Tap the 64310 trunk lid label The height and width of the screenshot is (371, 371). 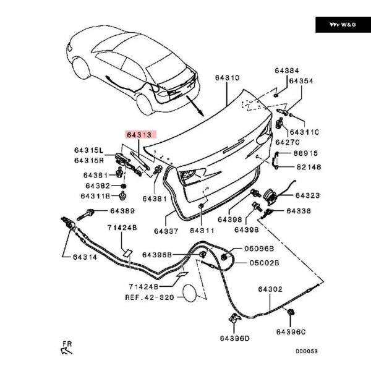pyautogui.click(x=227, y=78)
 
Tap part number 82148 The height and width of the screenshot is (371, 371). pyautogui.click(x=307, y=167)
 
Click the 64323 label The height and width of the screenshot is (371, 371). pyautogui.click(x=307, y=195)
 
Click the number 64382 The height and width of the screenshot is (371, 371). pyautogui.click(x=98, y=185)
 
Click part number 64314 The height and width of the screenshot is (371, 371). pyautogui.click(x=85, y=257)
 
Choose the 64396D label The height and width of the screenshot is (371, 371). pyautogui.click(x=234, y=338)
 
